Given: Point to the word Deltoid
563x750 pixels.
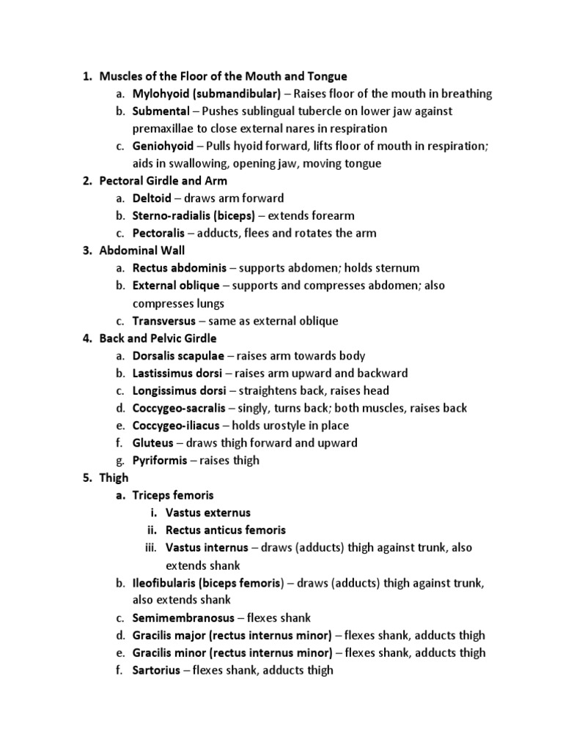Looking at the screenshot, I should pos(152,198).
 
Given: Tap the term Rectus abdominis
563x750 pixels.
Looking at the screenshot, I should pos(174,269).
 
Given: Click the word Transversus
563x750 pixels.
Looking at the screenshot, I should pos(164,321).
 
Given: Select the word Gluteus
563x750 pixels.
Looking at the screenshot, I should pos(153,443).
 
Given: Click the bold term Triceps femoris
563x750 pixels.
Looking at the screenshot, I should pos(173,496).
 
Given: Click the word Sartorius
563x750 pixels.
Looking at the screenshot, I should pos(156,670).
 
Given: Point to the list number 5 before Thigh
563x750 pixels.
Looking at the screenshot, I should pos(86,478).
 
